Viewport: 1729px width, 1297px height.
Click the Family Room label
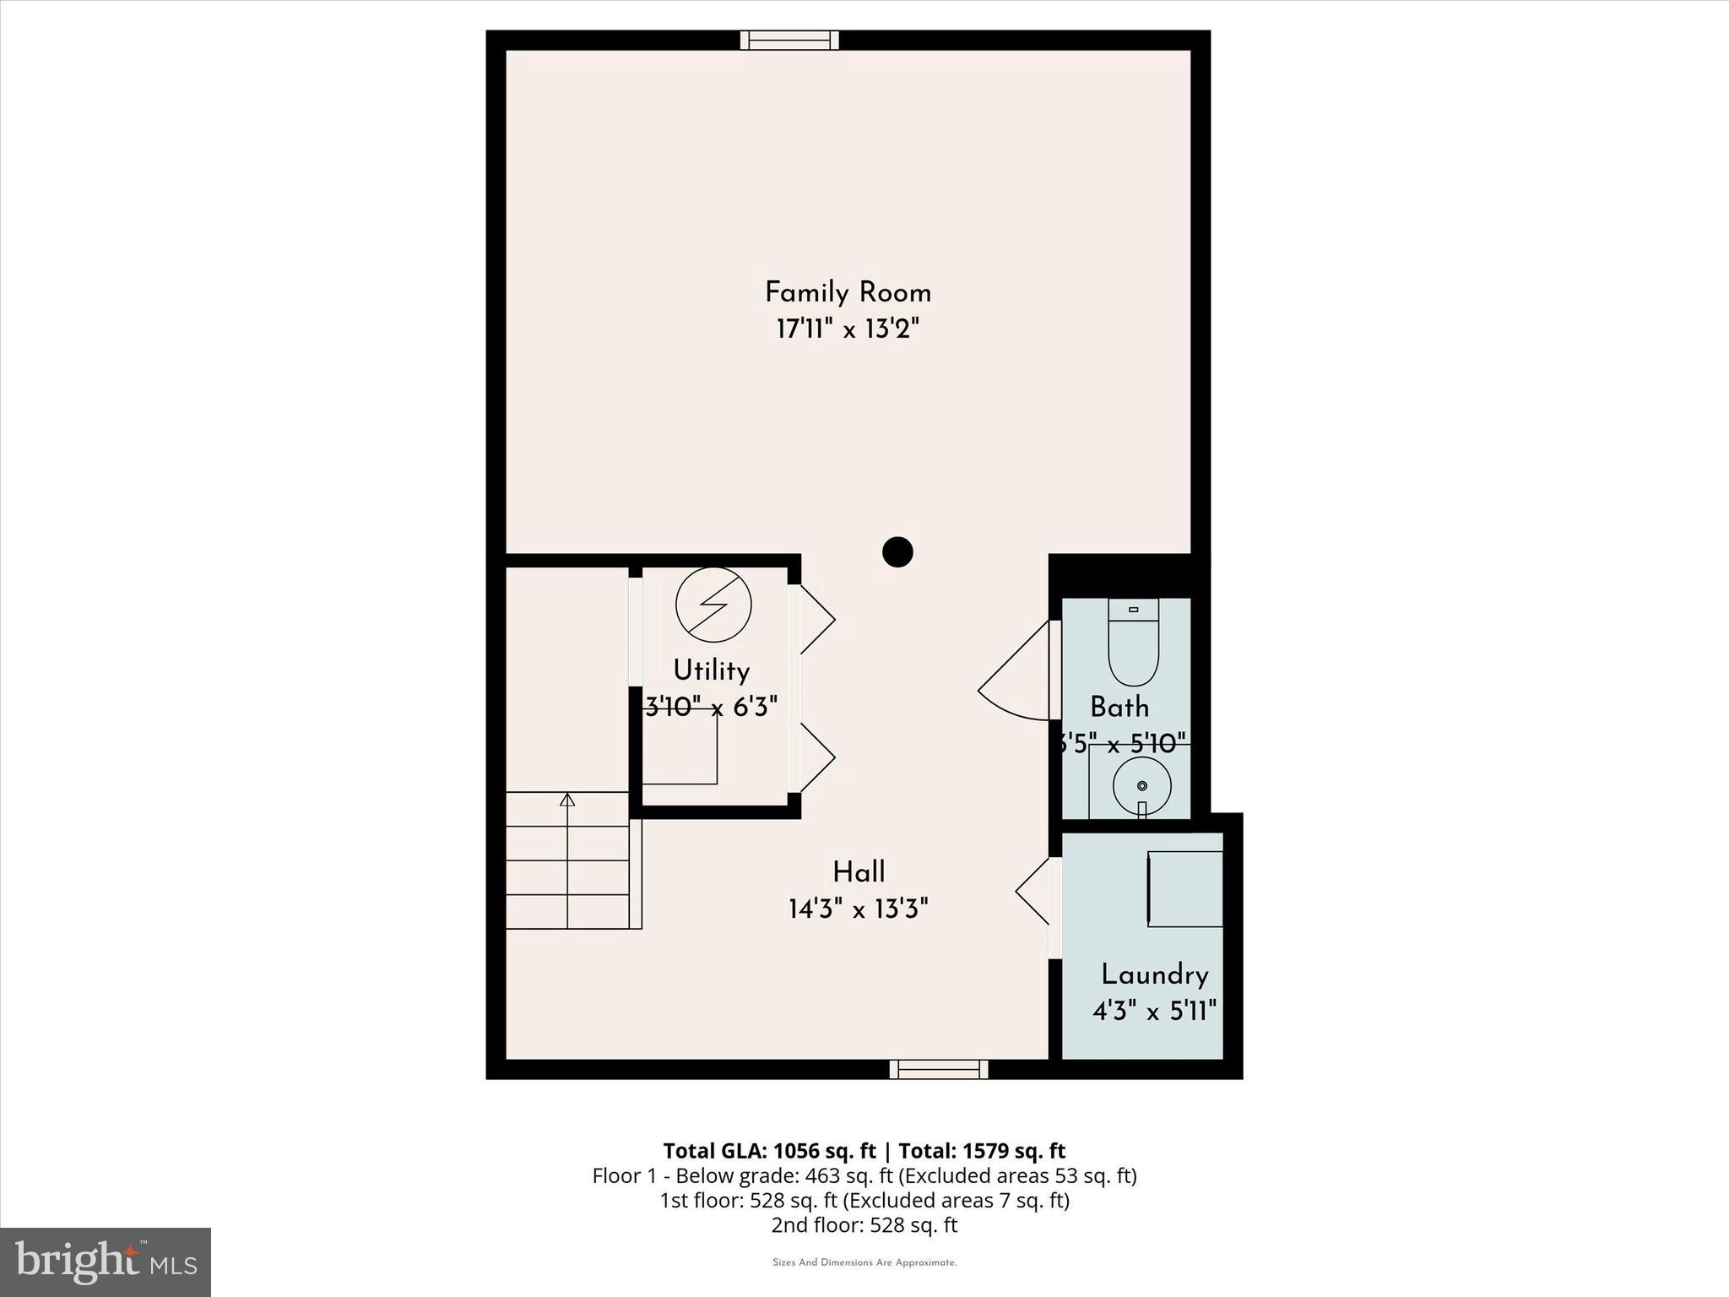pos(848,293)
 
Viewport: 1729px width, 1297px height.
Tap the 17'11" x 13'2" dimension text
pos(847,329)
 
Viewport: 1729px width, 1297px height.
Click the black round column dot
pos(897,552)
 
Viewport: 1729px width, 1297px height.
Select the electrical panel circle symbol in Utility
pos(713,605)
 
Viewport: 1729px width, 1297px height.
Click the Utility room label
pos(711,670)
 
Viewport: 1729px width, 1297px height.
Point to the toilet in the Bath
pos(1133,643)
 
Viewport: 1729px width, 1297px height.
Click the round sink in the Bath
pos(1141,785)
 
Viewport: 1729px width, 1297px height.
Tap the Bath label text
pos(1119,707)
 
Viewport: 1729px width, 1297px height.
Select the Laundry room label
pos(1154,975)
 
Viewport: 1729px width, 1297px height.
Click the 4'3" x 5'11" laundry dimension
pos(1154,1011)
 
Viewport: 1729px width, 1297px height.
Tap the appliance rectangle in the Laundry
pos(1185,889)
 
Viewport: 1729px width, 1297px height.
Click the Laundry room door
pos(1034,891)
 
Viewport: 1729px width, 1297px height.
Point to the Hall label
pos(859,872)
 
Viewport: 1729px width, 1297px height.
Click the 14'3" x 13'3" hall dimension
pos(858,909)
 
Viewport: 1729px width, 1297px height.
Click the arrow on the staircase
pos(567,800)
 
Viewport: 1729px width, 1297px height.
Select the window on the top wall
pos(789,40)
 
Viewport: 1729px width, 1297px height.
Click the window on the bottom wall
pos(938,1070)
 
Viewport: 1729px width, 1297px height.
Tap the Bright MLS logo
pos(106,1262)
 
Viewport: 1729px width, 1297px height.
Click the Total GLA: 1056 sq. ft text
pos(769,1151)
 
